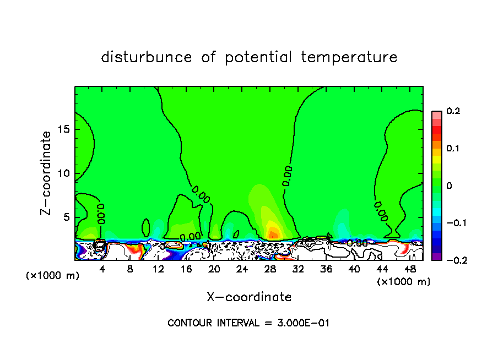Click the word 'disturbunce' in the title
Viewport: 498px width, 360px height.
click(x=147, y=57)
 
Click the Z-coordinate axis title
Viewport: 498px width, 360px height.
click(x=47, y=172)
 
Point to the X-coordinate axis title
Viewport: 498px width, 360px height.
click(x=249, y=297)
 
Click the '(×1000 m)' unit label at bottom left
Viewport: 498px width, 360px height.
click(x=52, y=276)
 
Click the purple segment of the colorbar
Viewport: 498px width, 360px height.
click(x=436, y=257)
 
